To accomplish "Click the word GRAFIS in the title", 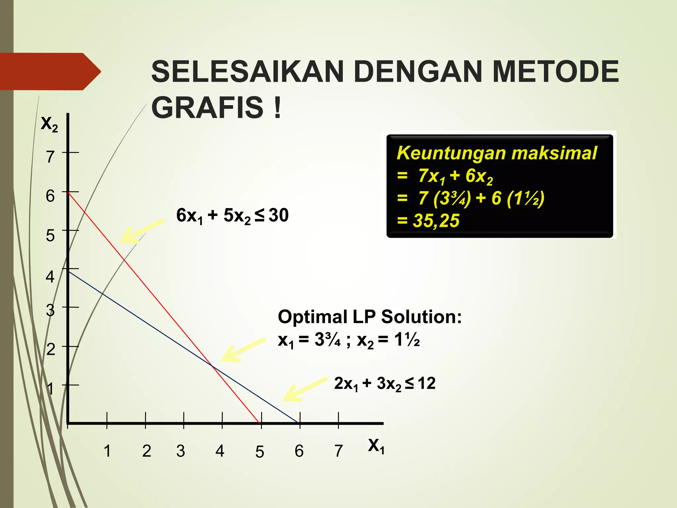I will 207,107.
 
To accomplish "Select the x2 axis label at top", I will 49,124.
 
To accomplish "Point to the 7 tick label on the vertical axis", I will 50,156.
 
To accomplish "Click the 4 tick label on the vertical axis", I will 50,276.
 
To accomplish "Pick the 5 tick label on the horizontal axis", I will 259,452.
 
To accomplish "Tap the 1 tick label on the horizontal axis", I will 107,451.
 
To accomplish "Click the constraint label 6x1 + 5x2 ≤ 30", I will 232,216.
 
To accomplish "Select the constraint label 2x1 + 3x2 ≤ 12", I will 384,384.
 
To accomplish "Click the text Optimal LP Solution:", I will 370,317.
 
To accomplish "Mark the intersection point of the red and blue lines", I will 212,366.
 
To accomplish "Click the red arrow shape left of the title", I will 50,71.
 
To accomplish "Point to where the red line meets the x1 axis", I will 259,423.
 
